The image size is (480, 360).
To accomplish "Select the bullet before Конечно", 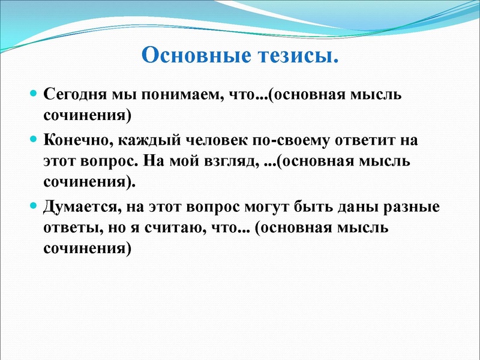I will pyautogui.click(x=34, y=139).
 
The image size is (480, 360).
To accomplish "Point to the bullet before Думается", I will pyautogui.click(x=34, y=206).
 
